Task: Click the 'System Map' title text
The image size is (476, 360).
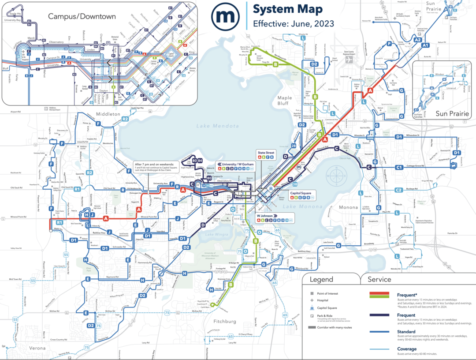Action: click(288, 9)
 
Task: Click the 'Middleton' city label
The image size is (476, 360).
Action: click(106, 114)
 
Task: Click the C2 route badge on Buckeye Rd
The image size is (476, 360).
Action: click(399, 190)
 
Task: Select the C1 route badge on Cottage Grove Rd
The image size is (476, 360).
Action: click(399, 168)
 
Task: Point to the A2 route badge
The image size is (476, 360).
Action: click(417, 40)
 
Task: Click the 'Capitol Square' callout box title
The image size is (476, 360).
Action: click(301, 193)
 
